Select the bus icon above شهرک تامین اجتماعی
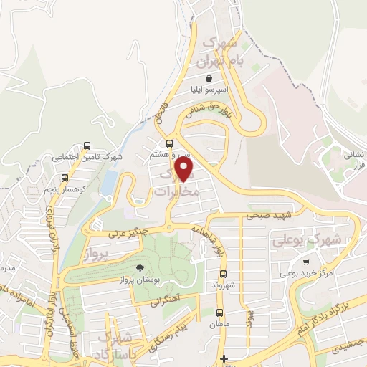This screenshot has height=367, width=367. point(87,145)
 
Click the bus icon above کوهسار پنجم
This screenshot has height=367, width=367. point(65,178)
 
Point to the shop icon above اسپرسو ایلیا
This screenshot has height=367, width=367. point(208,79)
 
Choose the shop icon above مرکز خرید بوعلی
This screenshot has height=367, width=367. point(306,262)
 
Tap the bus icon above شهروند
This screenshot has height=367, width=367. point(223,274)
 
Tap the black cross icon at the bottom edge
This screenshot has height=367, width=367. point(224,358)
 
